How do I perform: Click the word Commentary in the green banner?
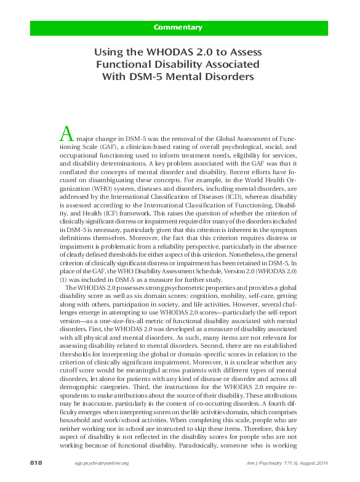pos(178,27)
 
